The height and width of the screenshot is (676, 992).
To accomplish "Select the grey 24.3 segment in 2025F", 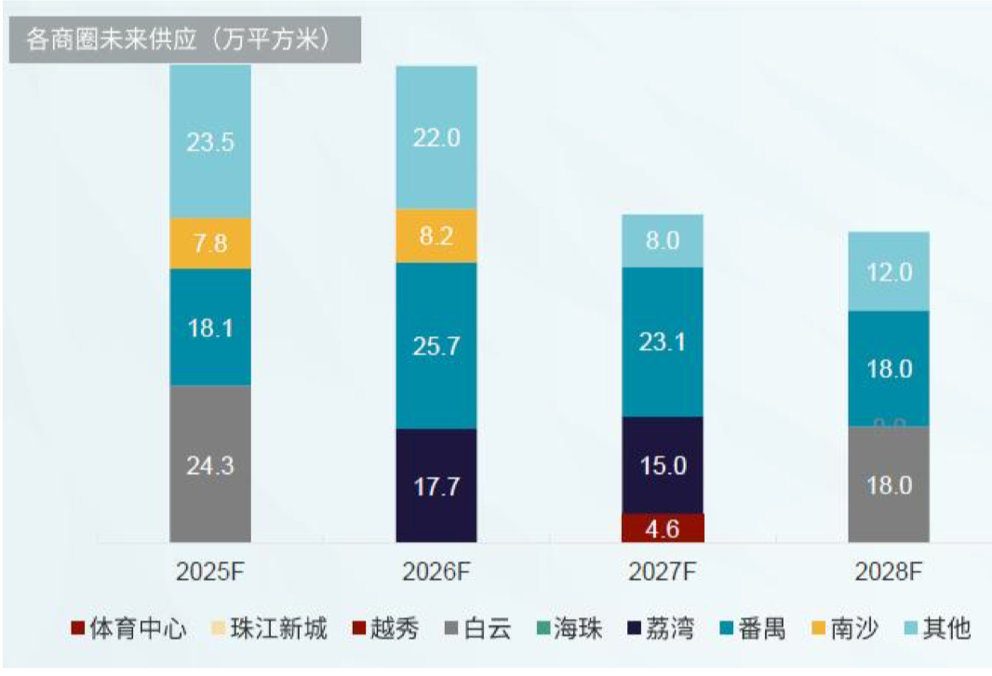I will pos(210,463).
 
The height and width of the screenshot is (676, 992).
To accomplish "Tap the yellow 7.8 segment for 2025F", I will pos(210,244).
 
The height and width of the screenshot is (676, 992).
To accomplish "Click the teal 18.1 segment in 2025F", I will pos(210,327).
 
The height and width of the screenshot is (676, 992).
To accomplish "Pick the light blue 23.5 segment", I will pos(210,142).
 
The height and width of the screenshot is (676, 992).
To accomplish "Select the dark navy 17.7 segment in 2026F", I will pos(436,485).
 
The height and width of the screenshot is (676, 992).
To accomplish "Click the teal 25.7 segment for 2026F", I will pos(436,345).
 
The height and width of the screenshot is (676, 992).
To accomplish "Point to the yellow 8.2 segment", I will pos(436,236).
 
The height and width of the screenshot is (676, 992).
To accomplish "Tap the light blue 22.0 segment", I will pos(436,137).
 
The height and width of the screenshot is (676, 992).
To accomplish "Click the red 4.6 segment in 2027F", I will pos(663,528).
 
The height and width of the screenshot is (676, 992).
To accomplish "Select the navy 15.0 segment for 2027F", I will pos(663,465).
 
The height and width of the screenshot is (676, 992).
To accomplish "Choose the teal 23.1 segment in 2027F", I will pos(663,342).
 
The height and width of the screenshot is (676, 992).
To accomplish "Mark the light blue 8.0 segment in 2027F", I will pos(663,240).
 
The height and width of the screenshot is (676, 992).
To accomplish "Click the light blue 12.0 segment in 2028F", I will pos(889,271).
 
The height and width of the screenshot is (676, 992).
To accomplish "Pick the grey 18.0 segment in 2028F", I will pos(889,484).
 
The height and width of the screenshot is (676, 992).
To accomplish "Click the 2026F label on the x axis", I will pos(436,571).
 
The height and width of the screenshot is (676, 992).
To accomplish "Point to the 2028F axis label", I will pos(889,571).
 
